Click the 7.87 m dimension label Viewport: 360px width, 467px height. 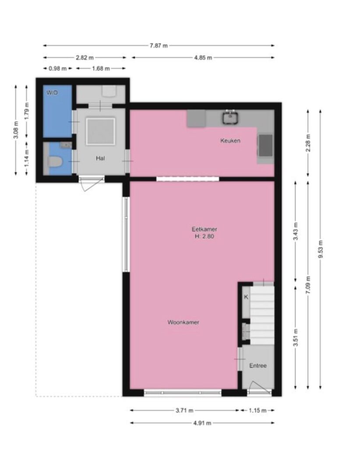pyautogui.click(x=159, y=46)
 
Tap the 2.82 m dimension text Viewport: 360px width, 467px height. pyautogui.click(x=85, y=57)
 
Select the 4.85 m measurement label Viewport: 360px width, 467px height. pyautogui.click(x=203, y=57)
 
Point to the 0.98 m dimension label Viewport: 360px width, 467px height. pyautogui.click(x=57, y=69)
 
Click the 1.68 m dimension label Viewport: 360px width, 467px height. pyautogui.click(x=101, y=69)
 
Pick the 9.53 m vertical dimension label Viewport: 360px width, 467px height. pyautogui.click(x=321, y=249)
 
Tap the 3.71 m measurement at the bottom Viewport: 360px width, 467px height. pyautogui.click(x=184, y=411)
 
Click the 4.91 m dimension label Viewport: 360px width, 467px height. pyautogui.click(x=202, y=423)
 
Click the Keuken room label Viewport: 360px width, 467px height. pyautogui.click(x=230, y=140)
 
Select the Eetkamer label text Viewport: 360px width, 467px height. pyautogui.click(x=204, y=229)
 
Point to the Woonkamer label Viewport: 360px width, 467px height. pyautogui.click(x=183, y=322)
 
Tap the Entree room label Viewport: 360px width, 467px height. pyautogui.click(x=258, y=366)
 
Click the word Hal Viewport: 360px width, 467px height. pyautogui.click(x=100, y=158)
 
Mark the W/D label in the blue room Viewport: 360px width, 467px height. pyautogui.click(x=52, y=93)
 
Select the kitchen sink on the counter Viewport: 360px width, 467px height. pyautogui.click(x=230, y=117)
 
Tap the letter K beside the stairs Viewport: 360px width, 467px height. pyautogui.click(x=246, y=297)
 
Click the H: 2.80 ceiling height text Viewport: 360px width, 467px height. pyautogui.click(x=205, y=236)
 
